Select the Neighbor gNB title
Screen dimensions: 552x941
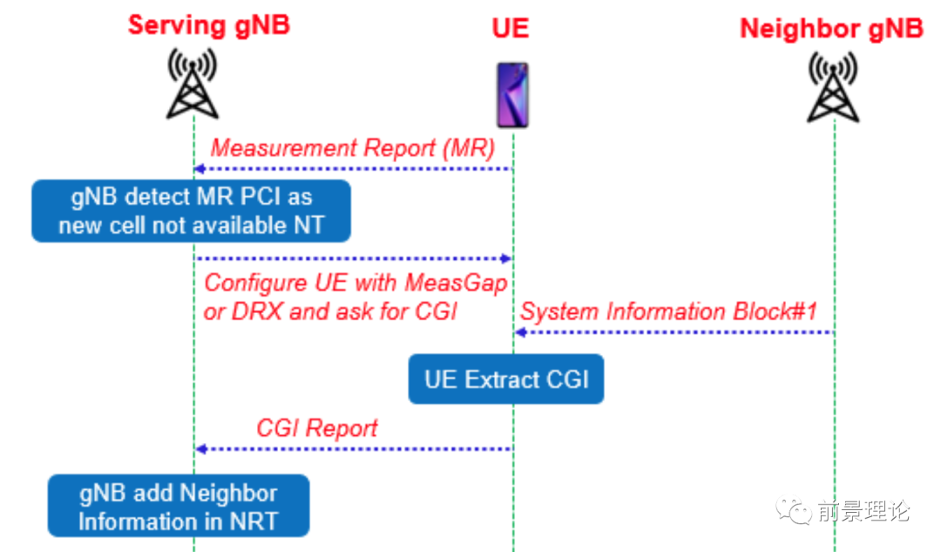coord(831,28)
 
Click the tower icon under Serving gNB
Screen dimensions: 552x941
coord(193,85)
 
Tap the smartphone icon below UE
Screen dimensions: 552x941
coord(512,95)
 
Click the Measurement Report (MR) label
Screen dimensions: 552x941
coord(352,147)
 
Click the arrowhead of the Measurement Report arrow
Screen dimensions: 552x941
coord(200,168)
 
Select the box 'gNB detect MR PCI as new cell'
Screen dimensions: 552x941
coord(191,211)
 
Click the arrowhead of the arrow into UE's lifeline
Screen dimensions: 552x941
coord(505,258)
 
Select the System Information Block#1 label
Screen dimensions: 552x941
coord(668,311)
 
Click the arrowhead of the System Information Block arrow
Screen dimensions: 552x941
coord(520,332)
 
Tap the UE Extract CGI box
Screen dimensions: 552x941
coord(506,379)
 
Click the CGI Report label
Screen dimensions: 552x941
coord(317,428)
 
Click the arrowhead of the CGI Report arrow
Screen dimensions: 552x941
coord(200,448)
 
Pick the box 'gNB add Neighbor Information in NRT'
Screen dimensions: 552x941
coord(179,506)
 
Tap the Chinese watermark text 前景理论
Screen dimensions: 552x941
coord(863,510)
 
